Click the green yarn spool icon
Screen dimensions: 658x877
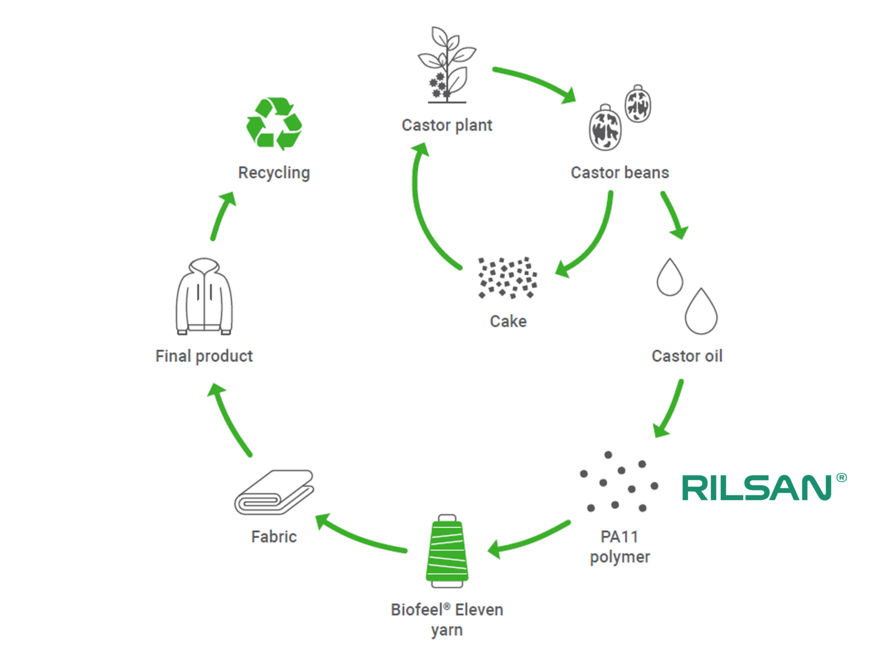pyautogui.click(x=447, y=552)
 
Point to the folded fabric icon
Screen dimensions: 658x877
pyautogui.click(x=274, y=492)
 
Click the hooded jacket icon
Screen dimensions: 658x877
pyautogui.click(x=204, y=297)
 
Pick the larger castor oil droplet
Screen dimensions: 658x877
pyautogui.click(x=700, y=312)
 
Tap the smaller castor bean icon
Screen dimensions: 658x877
pyautogui.click(x=637, y=104)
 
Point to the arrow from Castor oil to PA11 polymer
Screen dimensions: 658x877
pyautogui.click(x=670, y=409)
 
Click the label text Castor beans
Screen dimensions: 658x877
pyautogui.click(x=619, y=173)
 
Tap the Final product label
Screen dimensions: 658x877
pyautogui.click(x=203, y=356)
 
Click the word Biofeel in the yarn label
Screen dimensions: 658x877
pyautogui.click(x=417, y=609)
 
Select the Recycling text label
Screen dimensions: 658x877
pyautogui.click(x=274, y=173)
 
